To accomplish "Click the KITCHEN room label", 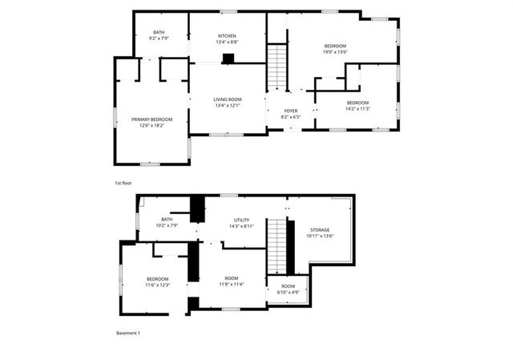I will point(228,36).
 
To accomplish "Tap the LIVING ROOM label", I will point(228,99).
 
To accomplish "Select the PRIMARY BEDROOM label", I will point(151,119).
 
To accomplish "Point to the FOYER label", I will point(292,111).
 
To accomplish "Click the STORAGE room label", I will point(320,229).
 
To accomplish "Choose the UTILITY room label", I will point(241,220).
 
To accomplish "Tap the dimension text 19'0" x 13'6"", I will point(335,52).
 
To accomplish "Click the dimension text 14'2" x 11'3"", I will point(357,109).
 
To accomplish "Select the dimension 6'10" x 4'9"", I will point(288,293).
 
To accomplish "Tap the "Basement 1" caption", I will point(128,333).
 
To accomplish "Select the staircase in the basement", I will point(277,246).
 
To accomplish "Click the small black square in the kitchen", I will point(228,58).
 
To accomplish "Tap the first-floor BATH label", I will point(159,33).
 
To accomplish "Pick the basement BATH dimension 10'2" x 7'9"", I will point(167,225).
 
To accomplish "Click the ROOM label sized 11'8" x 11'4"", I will point(231,278).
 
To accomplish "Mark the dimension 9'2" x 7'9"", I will point(159,38).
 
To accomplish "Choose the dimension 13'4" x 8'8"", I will point(228,42).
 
